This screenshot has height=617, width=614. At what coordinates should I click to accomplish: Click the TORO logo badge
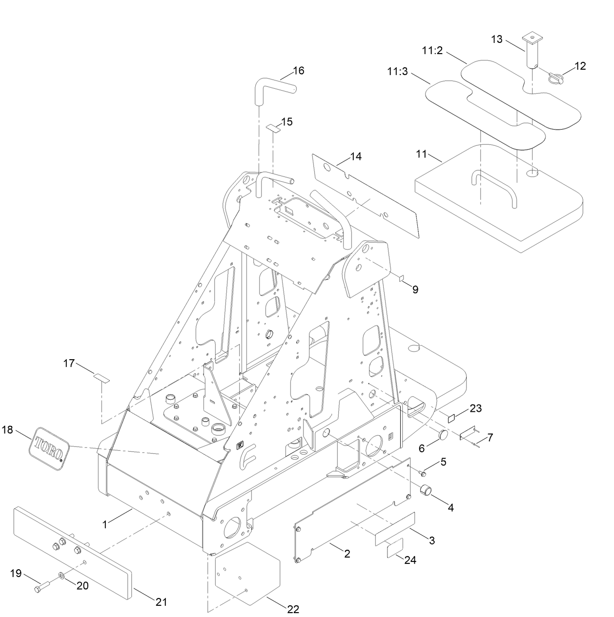tap(50, 448)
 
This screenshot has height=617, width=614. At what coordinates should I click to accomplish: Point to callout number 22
tap(293, 609)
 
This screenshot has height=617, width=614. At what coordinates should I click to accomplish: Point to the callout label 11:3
tap(397, 71)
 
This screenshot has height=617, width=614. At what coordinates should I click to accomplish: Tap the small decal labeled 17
tap(102, 377)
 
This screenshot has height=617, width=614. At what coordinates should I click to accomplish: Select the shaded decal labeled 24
tap(396, 550)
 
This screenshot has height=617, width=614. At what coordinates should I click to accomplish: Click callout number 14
tap(356, 156)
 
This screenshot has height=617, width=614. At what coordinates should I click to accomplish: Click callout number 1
tap(104, 524)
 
